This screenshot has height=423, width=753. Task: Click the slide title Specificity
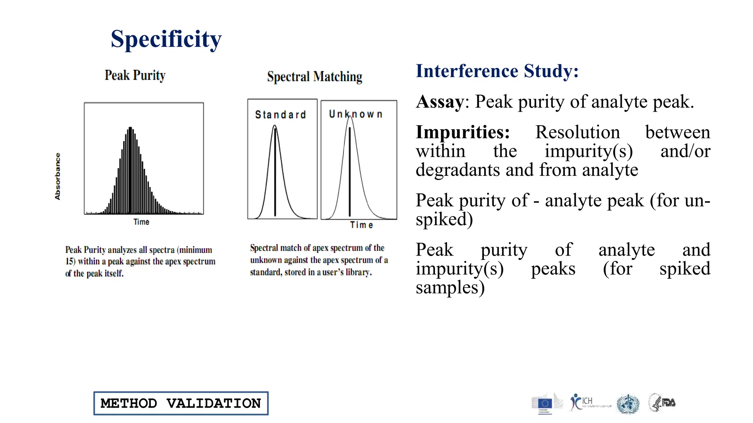click(x=166, y=39)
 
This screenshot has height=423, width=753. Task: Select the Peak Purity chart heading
click(x=135, y=75)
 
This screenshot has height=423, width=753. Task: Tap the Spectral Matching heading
click(x=314, y=77)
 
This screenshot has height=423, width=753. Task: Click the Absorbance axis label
click(x=57, y=176)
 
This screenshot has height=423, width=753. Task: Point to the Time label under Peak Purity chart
click(x=141, y=222)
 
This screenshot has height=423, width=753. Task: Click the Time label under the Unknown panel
click(x=361, y=225)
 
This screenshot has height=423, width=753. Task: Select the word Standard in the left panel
click(x=281, y=115)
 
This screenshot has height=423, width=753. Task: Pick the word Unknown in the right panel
click(x=356, y=114)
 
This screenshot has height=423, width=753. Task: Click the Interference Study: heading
click(x=497, y=71)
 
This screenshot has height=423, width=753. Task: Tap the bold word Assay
click(x=440, y=102)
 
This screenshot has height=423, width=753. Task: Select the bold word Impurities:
click(x=463, y=132)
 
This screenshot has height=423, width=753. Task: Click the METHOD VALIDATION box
click(x=181, y=403)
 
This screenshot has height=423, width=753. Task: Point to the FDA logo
click(x=662, y=402)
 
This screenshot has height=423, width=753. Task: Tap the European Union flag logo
click(x=545, y=404)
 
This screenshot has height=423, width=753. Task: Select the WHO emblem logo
click(x=628, y=404)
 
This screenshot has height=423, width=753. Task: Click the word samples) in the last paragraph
click(x=450, y=288)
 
